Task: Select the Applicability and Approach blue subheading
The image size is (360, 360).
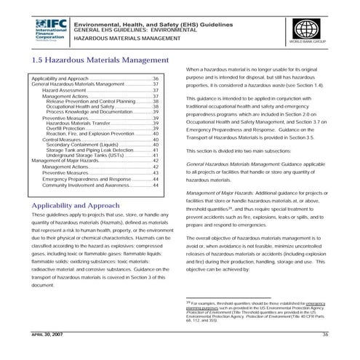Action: [x=76, y=206]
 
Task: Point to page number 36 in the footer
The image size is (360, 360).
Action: [x=325, y=332]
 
